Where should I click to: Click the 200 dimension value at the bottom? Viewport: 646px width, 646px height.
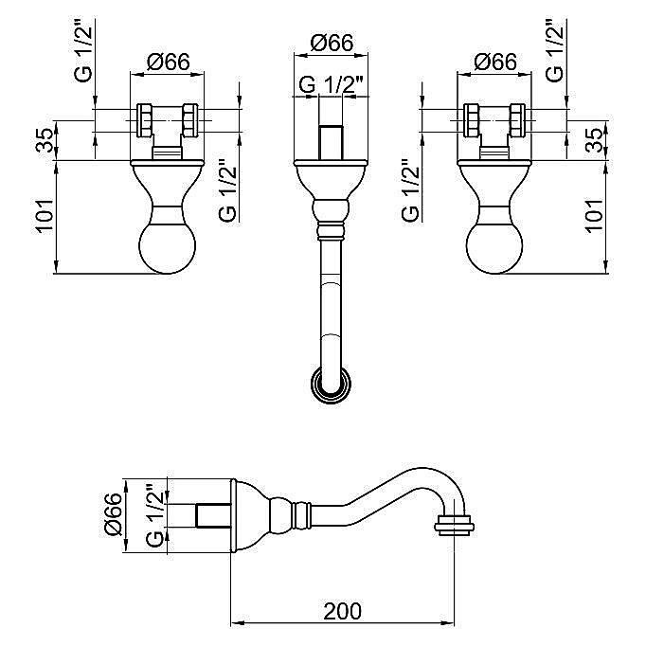[342, 611]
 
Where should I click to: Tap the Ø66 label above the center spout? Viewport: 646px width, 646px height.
[332, 42]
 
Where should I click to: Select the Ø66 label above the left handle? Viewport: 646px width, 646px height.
[169, 63]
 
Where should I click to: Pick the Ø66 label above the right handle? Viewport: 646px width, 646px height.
[495, 63]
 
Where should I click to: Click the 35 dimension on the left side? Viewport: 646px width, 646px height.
[45, 140]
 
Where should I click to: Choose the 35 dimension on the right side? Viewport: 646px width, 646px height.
[596, 140]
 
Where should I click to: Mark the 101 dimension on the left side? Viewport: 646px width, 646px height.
[45, 215]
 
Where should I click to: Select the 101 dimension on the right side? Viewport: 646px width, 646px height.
[596, 215]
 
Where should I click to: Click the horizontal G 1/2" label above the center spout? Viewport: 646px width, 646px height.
[331, 85]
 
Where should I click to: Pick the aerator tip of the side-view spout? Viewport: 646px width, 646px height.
[455, 525]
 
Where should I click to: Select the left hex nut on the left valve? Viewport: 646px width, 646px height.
[145, 120]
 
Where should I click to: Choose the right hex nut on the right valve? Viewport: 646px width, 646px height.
[517, 120]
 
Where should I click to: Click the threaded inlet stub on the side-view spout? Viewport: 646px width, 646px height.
[213, 515]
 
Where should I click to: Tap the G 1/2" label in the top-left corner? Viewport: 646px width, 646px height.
[83, 49]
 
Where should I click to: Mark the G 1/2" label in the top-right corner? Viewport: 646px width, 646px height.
[555, 49]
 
